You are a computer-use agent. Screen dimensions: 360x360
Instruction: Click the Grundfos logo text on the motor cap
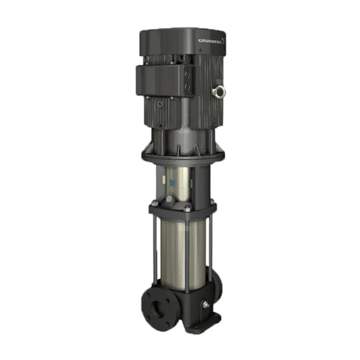210,41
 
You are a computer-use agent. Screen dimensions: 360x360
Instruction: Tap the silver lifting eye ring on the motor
218,92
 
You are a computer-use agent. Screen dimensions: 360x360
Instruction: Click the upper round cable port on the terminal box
187,74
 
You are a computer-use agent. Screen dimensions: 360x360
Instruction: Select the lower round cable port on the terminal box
187,86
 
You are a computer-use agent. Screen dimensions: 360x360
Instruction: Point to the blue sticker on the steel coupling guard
171,182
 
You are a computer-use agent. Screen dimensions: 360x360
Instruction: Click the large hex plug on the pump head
170,199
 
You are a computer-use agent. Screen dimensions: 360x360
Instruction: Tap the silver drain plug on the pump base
206,305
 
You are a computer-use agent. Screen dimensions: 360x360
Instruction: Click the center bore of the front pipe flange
158,310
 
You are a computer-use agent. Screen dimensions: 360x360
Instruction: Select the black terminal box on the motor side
165,80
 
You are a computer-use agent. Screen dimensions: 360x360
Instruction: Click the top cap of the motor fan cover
183,42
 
